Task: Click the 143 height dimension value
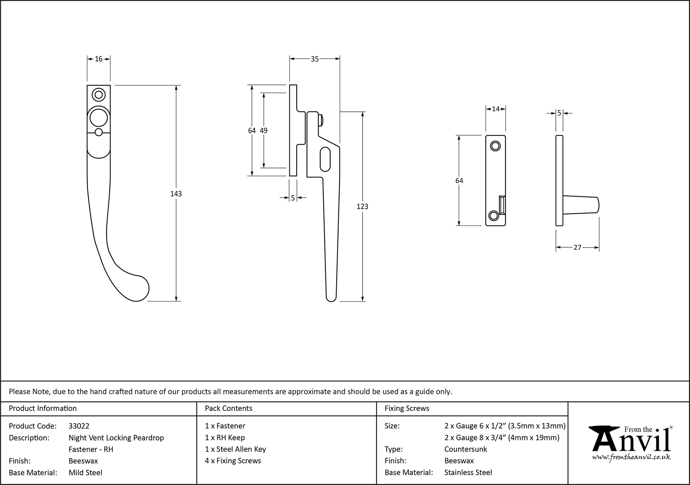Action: click(176, 194)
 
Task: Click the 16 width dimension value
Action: click(99, 59)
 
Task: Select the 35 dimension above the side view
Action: click(315, 59)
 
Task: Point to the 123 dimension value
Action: click(362, 207)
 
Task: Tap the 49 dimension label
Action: click(264, 131)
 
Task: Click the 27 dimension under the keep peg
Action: click(578, 247)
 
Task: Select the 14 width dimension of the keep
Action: click(496, 109)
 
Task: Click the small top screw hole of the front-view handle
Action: click(99, 95)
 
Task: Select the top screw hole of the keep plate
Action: click(495, 146)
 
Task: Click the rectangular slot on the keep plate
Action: click(502, 205)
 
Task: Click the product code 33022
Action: click(79, 426)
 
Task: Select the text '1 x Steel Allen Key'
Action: click(235, 449)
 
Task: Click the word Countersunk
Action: click(465, 449)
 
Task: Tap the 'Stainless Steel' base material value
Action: click(468, 473)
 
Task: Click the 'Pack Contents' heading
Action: click(228, 408)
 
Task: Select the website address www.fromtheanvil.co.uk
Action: click(631, 457)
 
